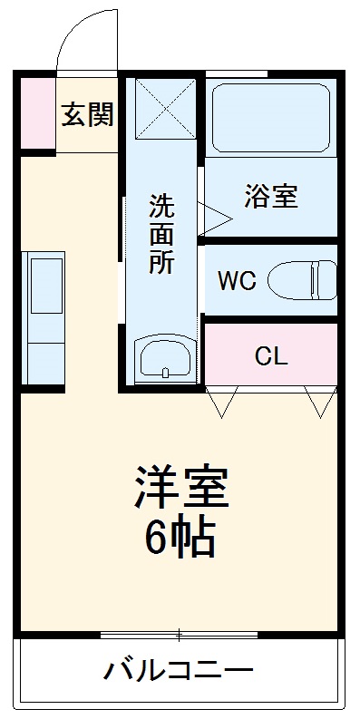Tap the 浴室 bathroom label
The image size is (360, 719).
pyautogui.click(x=270, y=196)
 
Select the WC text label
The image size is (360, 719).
pyautogui.click(x=236, y=279)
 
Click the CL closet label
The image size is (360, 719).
pyautogui.click(x=270, y=355)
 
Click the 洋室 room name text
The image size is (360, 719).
pyautogui.click(x=181, y=490)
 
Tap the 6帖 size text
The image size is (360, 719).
pyautogui.click(x=180, y=540)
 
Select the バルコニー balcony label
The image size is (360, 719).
pyautogui.click(x=178, y=673)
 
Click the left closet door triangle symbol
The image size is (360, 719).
pyautogui.click(x=222, y=401)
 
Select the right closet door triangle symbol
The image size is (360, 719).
pyautogui.click(x=320, y=401)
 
